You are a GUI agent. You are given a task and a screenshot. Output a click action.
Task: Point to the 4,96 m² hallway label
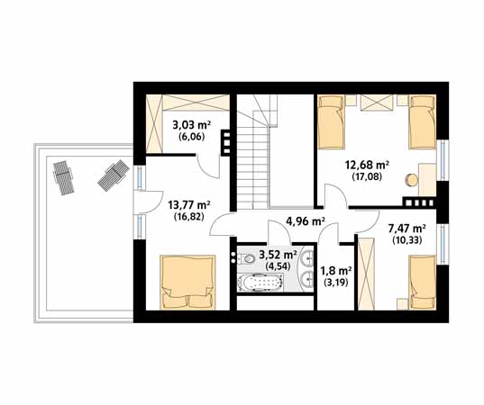(306, 221)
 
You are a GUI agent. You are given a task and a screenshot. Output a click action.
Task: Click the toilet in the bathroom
(247, 259)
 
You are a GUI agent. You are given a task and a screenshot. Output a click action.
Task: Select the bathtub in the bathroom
(260, 283)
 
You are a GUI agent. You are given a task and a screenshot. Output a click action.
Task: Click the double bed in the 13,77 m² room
(187, 282)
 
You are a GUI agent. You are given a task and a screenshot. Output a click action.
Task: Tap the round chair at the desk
(412, 180)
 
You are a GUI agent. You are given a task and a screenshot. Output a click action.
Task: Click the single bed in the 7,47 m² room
(423, 282)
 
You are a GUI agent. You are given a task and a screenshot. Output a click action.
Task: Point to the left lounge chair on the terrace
(64, 178)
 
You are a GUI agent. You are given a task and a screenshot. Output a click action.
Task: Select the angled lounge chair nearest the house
(114, 175)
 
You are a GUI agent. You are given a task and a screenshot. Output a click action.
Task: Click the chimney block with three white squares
(226, 143)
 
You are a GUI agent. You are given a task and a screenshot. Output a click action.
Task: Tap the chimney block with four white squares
(419, 202)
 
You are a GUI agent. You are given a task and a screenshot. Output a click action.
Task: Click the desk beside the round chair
(427, 180)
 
